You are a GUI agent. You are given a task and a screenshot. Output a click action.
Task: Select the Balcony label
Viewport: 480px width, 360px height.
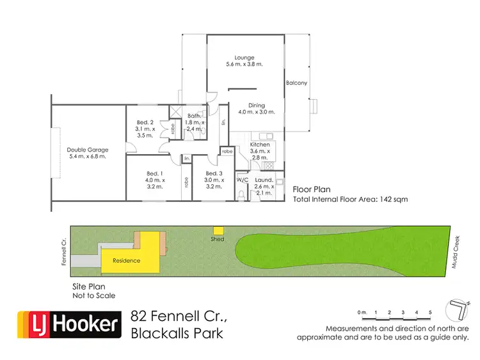[x=296, y=83]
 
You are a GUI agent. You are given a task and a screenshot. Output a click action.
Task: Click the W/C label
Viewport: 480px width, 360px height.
[x=243, y=180]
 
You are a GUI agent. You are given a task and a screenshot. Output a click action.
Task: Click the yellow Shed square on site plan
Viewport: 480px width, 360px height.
[x=218, y=231]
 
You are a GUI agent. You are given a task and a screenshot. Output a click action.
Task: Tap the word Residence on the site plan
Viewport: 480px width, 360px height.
[x=126, y=261]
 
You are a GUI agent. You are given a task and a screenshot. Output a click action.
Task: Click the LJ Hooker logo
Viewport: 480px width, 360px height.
[x=68, y=324]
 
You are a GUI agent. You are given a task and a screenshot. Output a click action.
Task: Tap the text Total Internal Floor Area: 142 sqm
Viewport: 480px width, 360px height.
[x=350, y=200]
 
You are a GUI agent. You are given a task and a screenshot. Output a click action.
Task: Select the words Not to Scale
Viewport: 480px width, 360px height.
[x=91, y=295]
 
